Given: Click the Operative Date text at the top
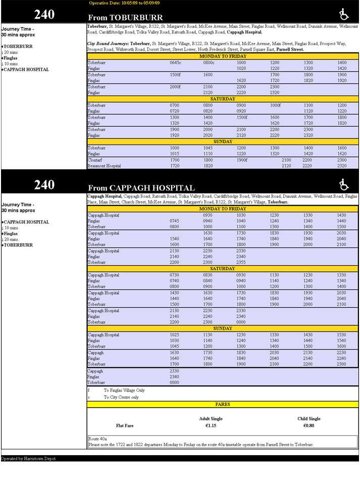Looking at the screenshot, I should (122, 3).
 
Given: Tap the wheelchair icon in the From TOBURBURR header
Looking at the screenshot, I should (344, 14).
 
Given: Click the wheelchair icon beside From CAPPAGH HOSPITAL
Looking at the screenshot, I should (344, 184).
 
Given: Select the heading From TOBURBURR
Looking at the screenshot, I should (125, 17).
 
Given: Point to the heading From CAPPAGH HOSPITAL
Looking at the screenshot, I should (141, 188).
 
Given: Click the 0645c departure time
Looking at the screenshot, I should (175, 63).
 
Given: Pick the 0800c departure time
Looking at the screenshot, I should (209, 63).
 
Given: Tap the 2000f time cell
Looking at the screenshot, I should (175, 87).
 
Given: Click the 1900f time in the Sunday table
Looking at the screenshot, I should (242, 160).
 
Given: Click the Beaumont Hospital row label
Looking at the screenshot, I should (104, 166).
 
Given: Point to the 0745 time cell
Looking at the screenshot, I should (175, 221).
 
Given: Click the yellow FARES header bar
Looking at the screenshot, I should (222, 404).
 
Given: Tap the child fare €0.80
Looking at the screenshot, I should (308, 426).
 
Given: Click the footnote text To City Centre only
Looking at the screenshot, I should (124, 397).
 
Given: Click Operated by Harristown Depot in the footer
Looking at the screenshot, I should (29, 459).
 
